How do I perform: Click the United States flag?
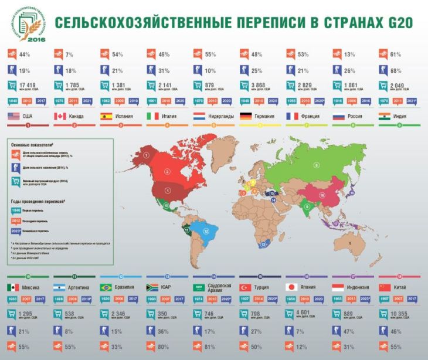click(x=14, y=117)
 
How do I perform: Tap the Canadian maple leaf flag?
click(x=60, y=117)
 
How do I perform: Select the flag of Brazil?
click(x=107, y=288)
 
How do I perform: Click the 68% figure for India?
click(x=396, y=70)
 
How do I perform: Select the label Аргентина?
click(x=81, y=288)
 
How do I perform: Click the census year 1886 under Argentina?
click(x=60, y=299)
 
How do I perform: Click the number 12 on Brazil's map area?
click(x=206, y=231)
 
